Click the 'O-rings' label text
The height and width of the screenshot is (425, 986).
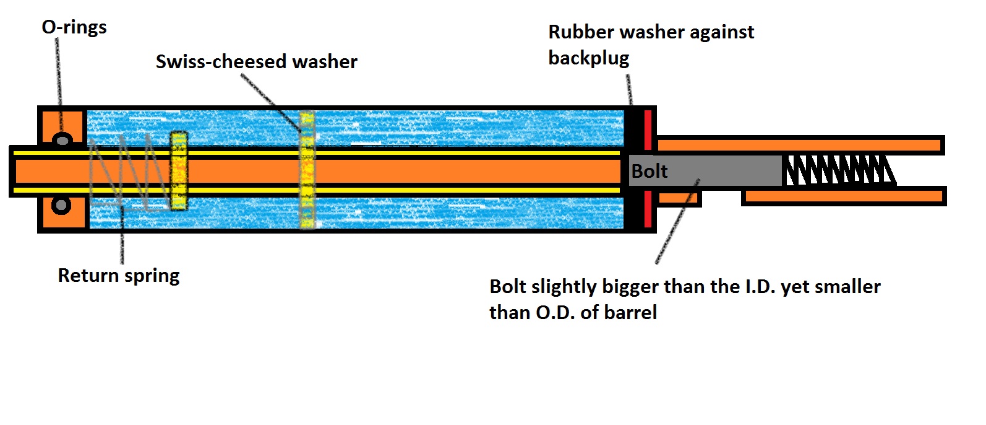(x=74, y=27)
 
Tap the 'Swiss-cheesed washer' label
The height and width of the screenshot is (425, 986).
(x=256, y=61)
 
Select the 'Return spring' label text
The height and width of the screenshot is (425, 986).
(x=119, y=275)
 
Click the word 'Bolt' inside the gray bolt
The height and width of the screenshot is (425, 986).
(x=649, y=171)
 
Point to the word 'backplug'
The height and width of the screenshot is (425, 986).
(x=588, y=58)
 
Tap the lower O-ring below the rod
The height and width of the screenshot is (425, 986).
(x=61, y=204)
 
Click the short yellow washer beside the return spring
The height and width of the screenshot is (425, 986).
(x=179, y=170)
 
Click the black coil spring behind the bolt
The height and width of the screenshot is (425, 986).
(x=838, y=171)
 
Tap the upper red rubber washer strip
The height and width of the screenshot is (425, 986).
(x=648, y=129)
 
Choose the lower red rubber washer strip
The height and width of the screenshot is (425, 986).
(x=648, y=209)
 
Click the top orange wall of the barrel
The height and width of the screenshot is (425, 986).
(x=798, y=146)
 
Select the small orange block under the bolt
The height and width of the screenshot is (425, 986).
(x=678, y=198)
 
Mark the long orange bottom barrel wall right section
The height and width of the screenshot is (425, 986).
(x=844, y=197)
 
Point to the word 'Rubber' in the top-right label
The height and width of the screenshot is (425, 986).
(x=581, y=32)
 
